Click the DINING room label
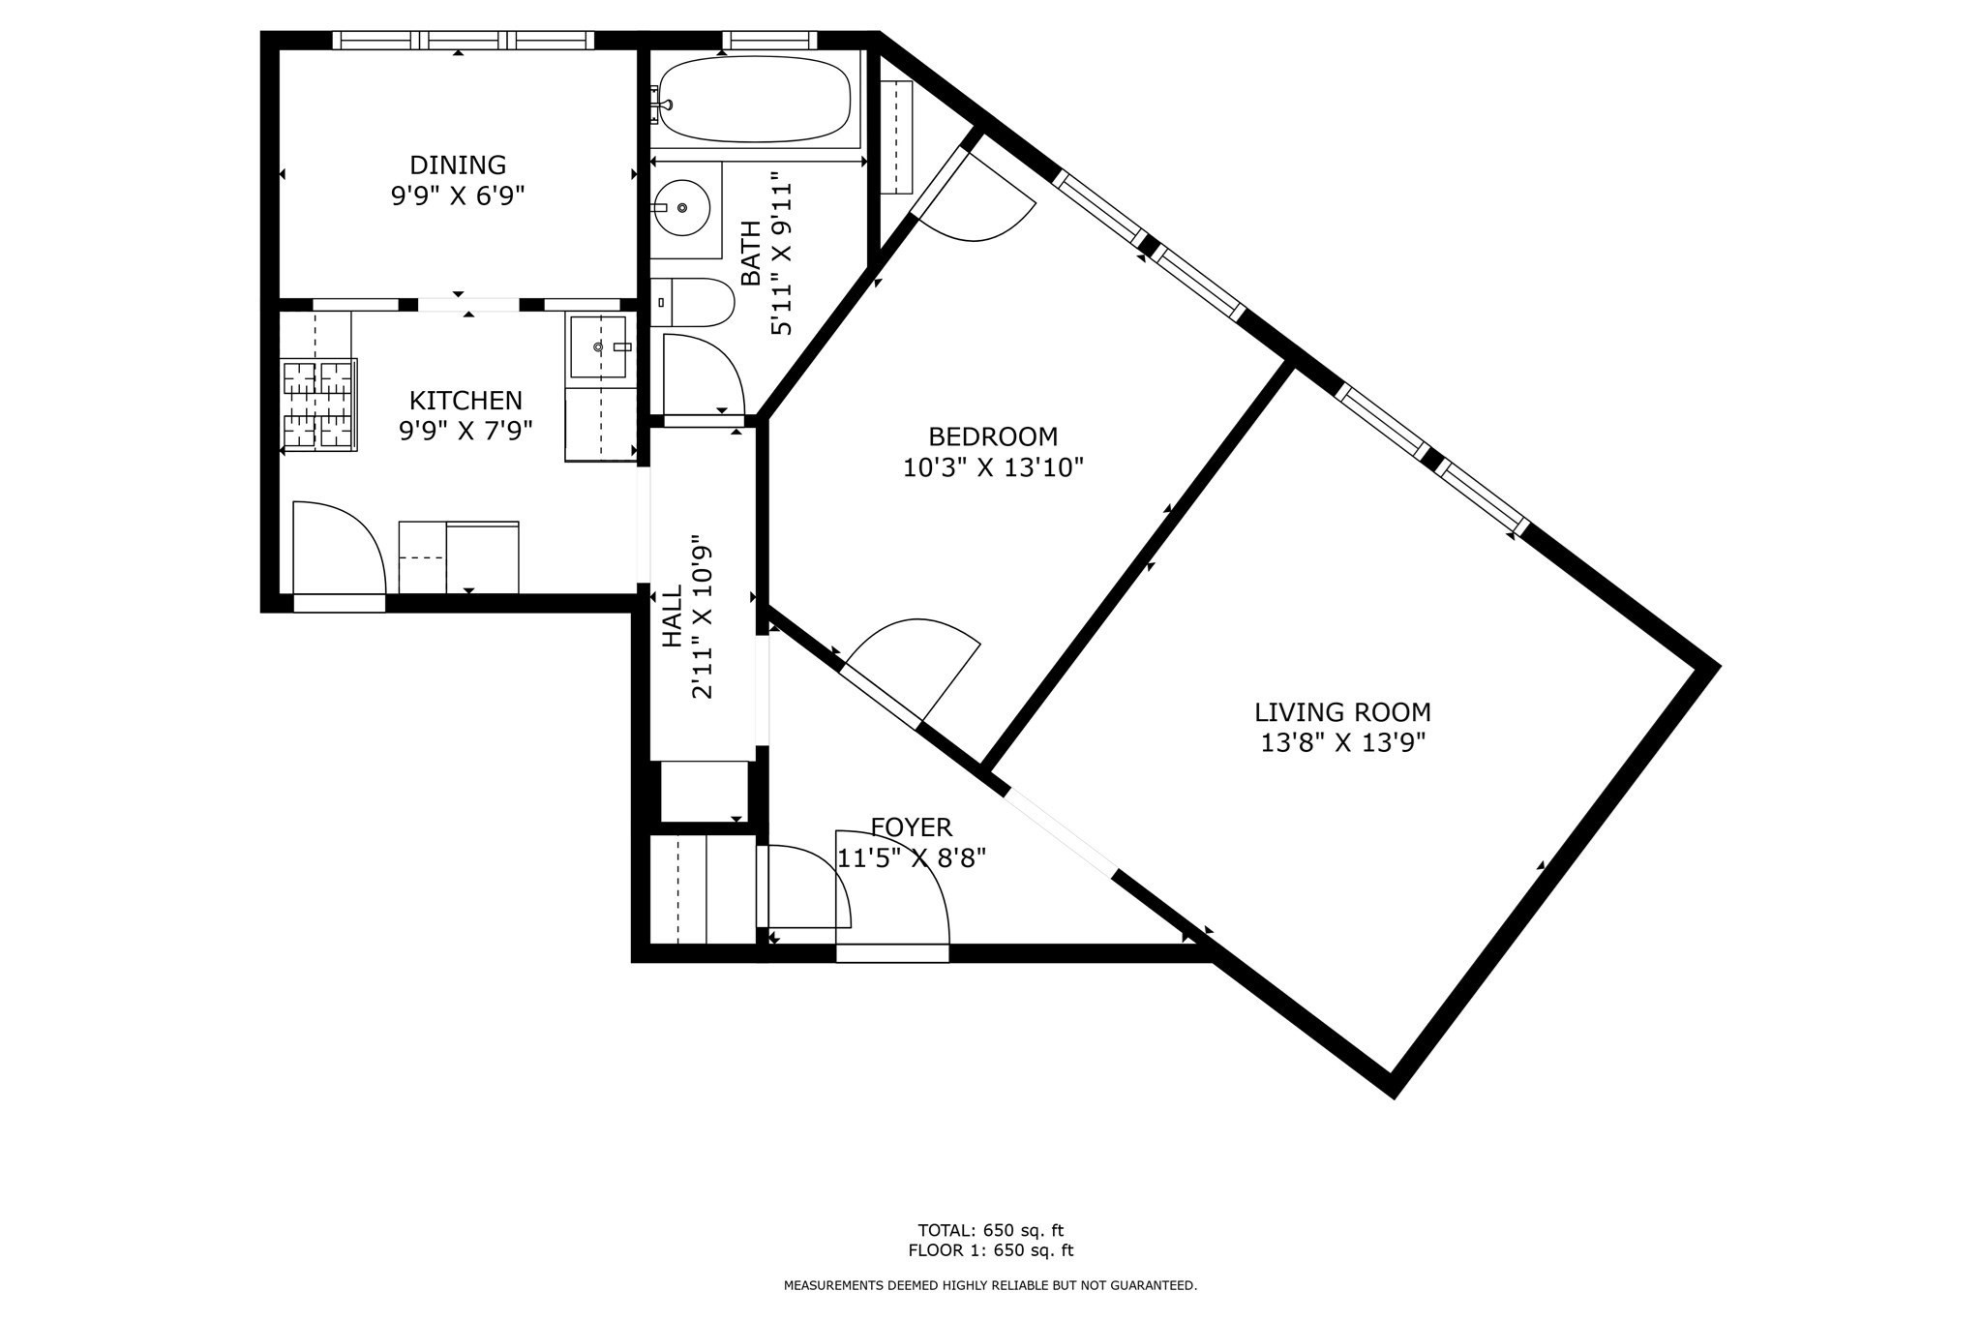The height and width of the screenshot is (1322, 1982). [458, 165]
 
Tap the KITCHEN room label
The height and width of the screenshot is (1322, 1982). [465, 401]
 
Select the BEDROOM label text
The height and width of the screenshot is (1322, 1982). [993, 436]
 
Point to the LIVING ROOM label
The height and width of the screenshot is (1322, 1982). [1342, 712]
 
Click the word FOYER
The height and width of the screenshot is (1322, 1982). [912, 827]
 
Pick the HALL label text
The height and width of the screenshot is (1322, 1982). [673, 618]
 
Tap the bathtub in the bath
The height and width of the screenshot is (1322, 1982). [753, 100]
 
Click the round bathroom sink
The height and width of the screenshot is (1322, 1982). [681, 207]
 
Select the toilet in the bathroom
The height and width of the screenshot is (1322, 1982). [693, 304]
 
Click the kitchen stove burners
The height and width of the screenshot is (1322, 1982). [319, 405]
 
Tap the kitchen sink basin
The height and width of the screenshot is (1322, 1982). [598, 346]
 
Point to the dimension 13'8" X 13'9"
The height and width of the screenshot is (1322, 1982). [1343, 743]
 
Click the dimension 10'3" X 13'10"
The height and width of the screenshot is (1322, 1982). [993, 468]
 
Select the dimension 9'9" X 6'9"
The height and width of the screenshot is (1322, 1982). [458, 197]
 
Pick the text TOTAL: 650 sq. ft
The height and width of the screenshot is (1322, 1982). [991, 1231]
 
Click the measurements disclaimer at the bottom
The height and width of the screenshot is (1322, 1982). [990, 1285]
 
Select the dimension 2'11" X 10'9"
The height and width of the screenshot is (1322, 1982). [704, 618]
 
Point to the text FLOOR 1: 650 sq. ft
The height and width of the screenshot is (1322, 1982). [991, 1250]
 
